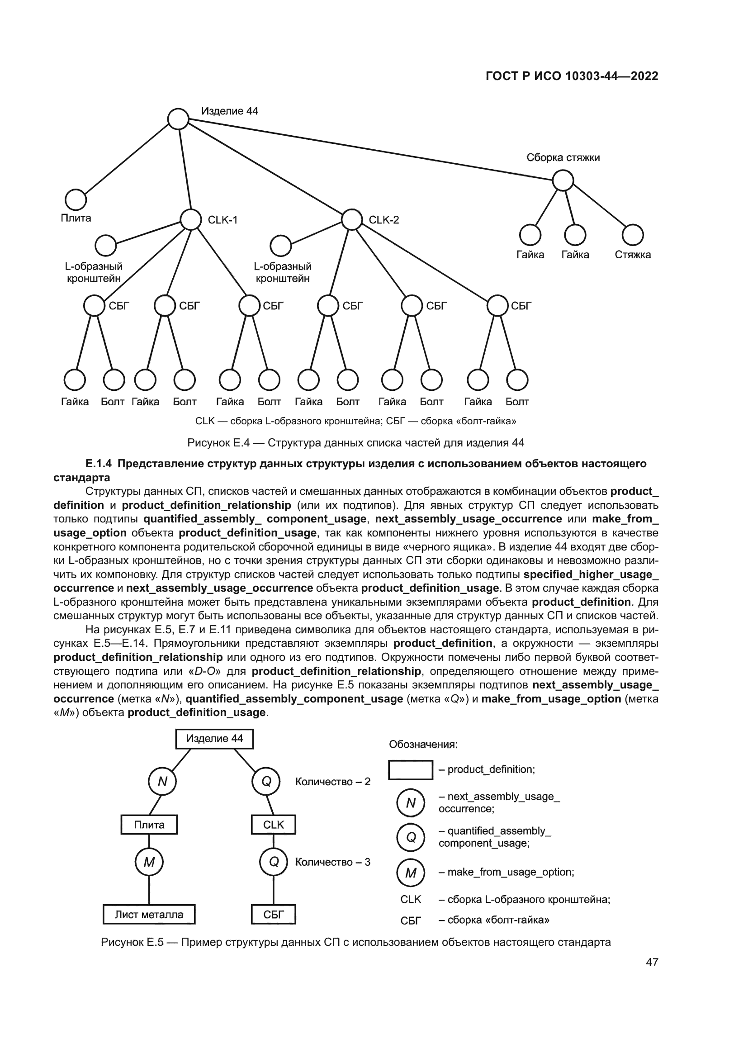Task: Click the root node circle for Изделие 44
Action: (178, 119)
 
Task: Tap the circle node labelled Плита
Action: (76, 199)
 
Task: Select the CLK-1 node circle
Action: (191, 219)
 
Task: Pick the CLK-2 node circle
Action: (352, 219)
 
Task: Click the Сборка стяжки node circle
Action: (563, 180)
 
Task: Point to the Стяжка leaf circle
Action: (632, 235)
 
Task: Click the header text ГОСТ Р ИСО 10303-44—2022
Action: (572, 76)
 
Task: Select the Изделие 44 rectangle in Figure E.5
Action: (214, 739)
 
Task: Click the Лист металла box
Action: (149, 915)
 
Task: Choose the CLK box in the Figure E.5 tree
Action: (273, 825)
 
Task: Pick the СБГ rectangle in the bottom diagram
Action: (273, 915)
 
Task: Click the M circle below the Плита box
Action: (149, 862)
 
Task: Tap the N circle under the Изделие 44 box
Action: (162, 782)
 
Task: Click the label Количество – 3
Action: (332, 862)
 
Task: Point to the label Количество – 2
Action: (332, 782)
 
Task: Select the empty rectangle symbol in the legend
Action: (410, 770)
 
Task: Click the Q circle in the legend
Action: (410, 837)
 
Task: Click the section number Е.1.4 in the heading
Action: (99, 464)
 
